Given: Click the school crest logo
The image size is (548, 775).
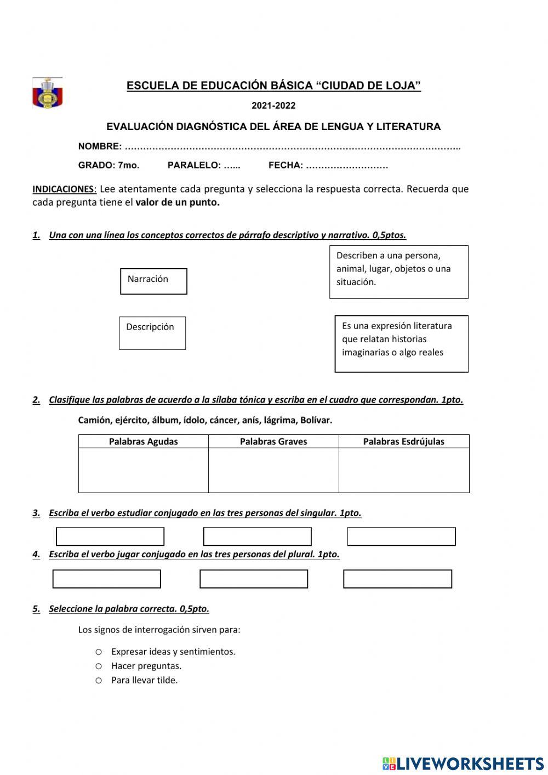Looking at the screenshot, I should [48, 93].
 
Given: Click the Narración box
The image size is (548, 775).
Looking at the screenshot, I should [153, 281].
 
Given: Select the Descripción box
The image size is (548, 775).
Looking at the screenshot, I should [152, 333].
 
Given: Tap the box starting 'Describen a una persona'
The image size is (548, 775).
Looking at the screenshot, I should [398, 271].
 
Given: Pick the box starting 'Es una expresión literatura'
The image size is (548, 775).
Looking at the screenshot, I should [401, 343].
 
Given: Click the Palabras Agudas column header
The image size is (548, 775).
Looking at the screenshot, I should [144, 442].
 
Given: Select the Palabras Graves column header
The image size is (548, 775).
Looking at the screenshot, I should [273, 442].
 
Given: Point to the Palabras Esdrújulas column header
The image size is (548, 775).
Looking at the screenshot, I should [404, 442].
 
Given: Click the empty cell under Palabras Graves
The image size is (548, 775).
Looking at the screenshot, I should [273, 470].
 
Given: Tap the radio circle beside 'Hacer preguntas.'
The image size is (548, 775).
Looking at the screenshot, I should [99, 666].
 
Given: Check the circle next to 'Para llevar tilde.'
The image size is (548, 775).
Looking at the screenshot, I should [99, 681].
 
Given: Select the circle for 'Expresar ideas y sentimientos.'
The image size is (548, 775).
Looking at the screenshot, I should [99, 652].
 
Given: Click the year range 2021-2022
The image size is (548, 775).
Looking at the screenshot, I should [273, 106].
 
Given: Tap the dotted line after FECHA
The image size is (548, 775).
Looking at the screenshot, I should [346, 166].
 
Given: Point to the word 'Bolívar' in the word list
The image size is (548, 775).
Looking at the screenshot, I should [316, 421].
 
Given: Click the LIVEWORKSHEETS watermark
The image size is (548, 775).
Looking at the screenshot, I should [463, 763].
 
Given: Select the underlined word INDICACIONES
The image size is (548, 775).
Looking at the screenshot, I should [64, 189].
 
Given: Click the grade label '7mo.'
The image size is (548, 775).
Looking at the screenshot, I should [129, 166].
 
